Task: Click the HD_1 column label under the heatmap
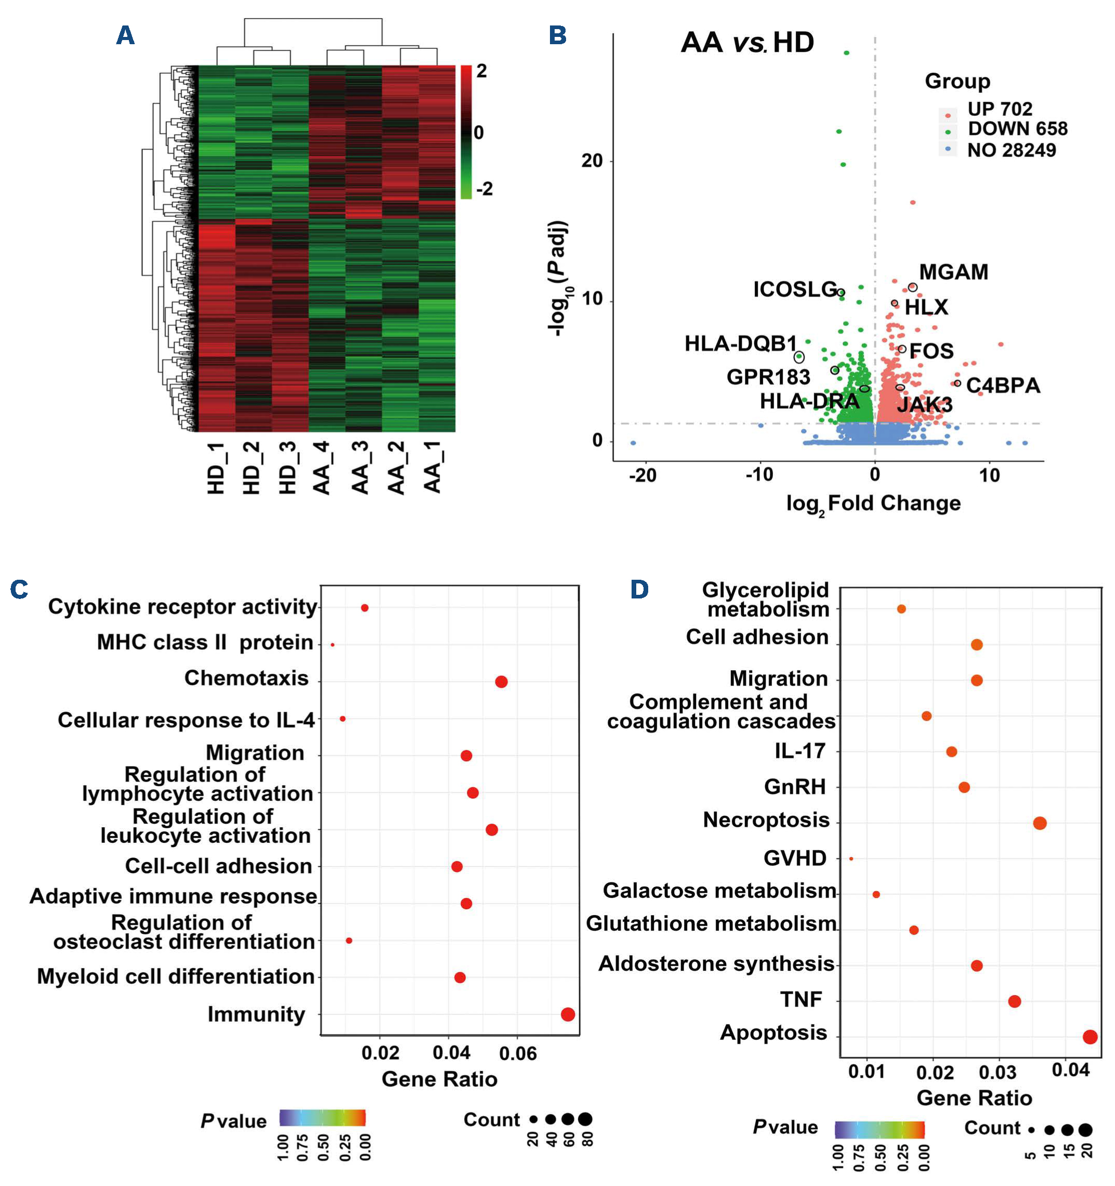pos(216,468)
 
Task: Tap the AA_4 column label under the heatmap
pos(322,468)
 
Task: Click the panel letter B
pos(557,35)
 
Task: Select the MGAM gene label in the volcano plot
pos(953,272)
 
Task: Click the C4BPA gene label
pos(1003,385)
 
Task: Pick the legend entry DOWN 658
pos(1017,129)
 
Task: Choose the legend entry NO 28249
pos(1011,150)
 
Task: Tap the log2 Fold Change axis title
pos(873,504)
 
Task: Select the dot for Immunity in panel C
pos(568,1014)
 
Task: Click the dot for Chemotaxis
pos(501,681)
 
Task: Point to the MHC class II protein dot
pos(332,645)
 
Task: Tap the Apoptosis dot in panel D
pos(1090,1037)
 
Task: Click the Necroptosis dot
pos(1040,823)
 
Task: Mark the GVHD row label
pos(795,858)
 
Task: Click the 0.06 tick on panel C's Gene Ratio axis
pos(518,1053)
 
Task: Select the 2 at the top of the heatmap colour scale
pos(481,72)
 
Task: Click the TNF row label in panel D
pos(801,999)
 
